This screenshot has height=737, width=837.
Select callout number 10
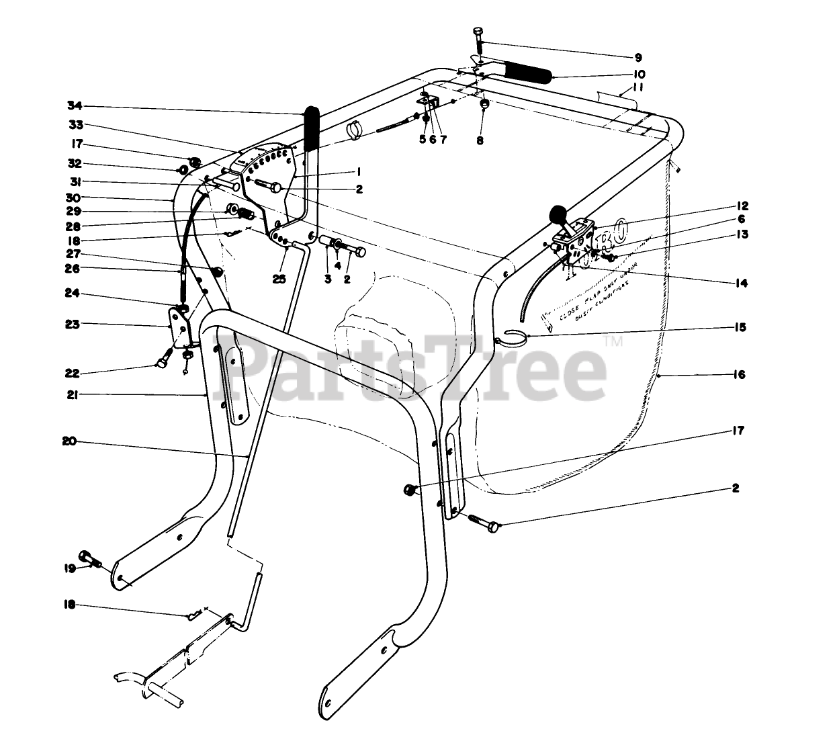[638, 74]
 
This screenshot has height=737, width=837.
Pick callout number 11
[638, 88]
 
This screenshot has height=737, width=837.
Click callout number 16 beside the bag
[739, 375]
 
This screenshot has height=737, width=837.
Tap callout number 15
[740, 328]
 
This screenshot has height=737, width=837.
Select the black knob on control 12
[558, 214]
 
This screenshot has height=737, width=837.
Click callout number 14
[741, 284]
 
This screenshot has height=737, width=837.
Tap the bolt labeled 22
[162, 363]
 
